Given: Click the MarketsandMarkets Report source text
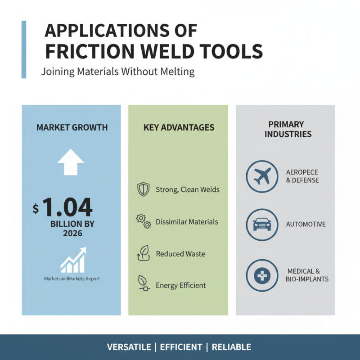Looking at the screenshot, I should (x=72, y=279).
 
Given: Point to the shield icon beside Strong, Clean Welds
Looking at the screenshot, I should (x=143, y=189).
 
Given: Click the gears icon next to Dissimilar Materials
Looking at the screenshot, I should (x=143, y=221).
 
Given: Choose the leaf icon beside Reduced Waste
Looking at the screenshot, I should (x=143, y=253).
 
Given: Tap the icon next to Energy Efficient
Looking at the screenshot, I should (x=143, y=283).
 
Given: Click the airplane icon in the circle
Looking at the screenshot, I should (x=262, y=176).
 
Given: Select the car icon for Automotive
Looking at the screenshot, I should (x=262, y=224).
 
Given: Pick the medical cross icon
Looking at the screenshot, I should (x=262, y=275).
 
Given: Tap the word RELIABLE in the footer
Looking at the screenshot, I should (x=231, y=347).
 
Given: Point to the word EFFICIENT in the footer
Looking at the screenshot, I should (x=181, y=347).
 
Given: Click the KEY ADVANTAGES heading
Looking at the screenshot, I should (x=179, y=128).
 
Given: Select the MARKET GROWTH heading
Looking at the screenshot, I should (x=72, y=128).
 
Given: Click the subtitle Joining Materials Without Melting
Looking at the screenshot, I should (x=118, y=72).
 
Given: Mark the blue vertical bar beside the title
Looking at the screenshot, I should (x=24, y=49).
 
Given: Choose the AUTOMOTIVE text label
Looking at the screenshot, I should (x=306, y=224).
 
